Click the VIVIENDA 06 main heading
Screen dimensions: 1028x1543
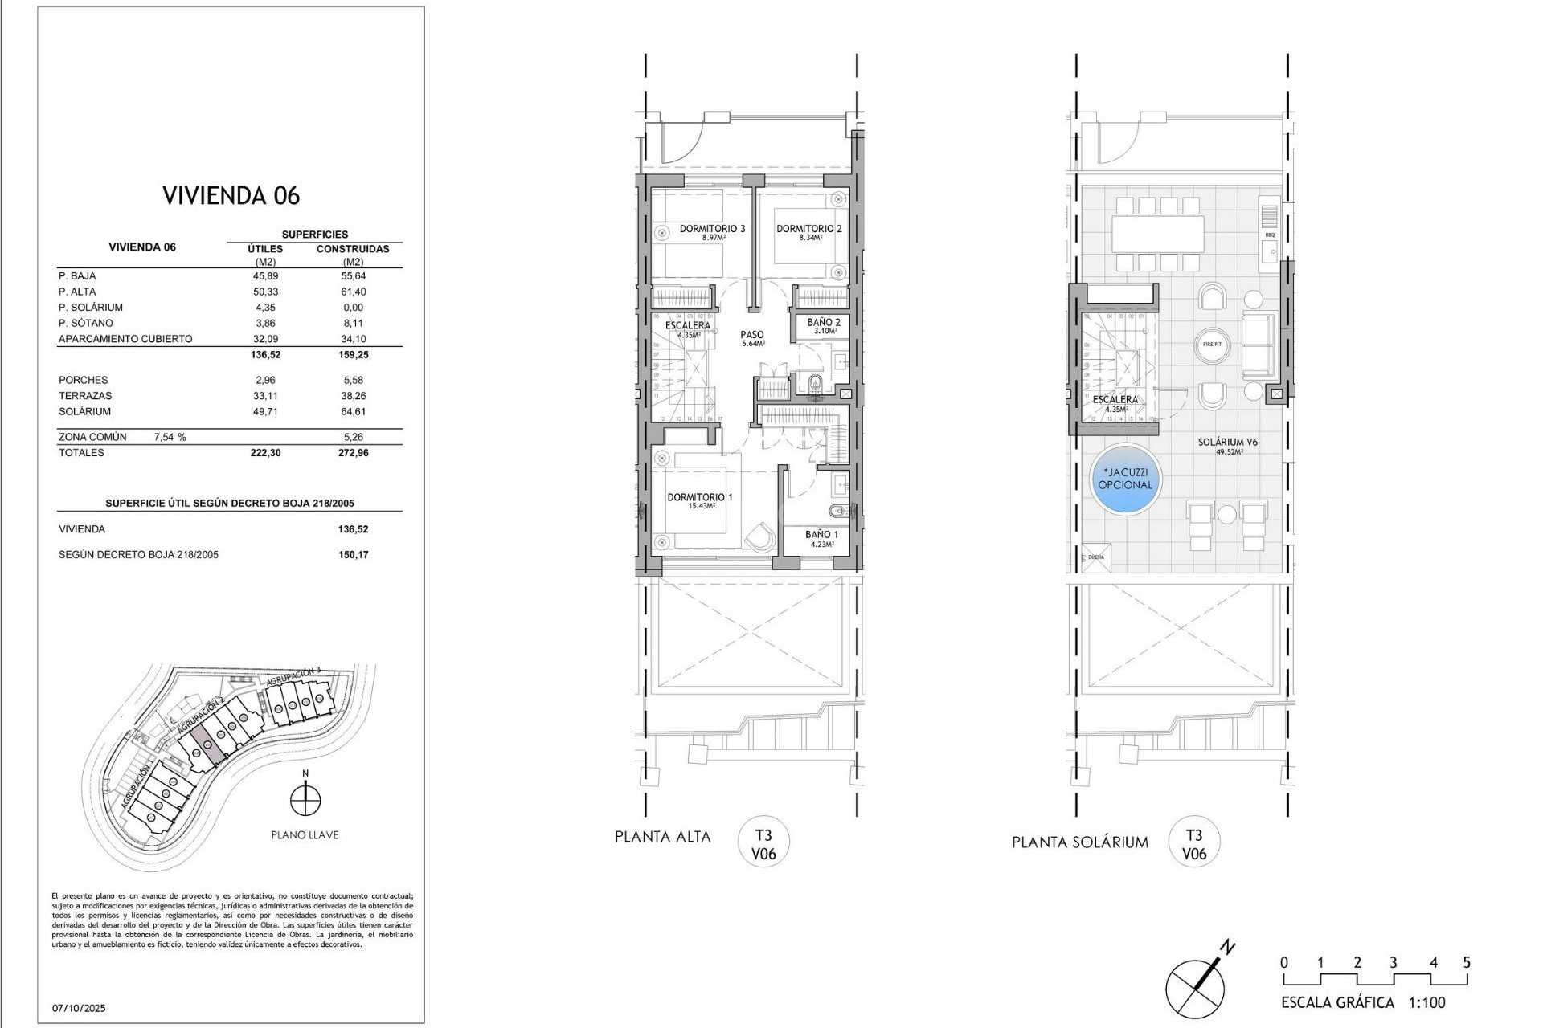231,195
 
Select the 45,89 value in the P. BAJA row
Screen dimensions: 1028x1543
265,275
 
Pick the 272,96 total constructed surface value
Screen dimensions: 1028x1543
353,453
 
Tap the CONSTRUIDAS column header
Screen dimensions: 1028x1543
353,249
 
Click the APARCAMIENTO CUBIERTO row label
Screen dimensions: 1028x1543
125,339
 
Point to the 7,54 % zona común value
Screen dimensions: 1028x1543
170,437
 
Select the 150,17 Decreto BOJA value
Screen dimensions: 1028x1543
353,555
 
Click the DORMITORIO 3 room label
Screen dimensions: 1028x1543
712,229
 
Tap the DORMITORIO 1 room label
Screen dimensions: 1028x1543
699,497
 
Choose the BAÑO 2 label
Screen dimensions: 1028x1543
824,322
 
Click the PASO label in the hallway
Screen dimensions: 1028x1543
752,335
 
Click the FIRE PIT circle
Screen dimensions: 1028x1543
1212,345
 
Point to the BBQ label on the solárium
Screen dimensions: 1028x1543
1270,235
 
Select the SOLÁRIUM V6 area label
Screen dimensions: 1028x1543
1227,442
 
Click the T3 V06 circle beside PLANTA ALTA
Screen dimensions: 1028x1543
763,845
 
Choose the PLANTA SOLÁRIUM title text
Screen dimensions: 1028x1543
1079,842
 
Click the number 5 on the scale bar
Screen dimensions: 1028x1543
1467,963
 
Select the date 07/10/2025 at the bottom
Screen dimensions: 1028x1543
79,1008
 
